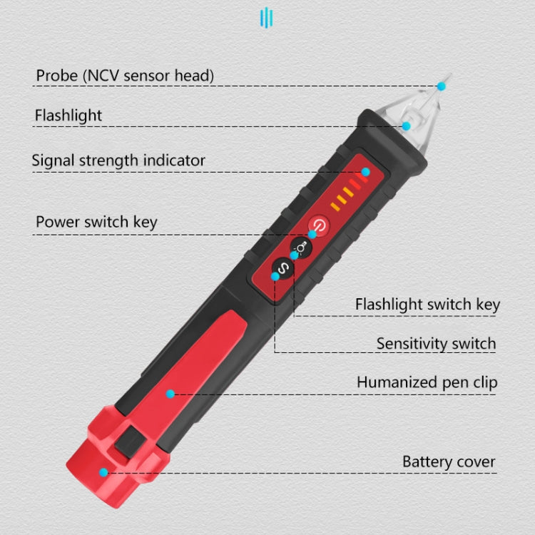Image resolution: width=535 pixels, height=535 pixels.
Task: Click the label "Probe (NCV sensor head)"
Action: pyautogui.click(x=125, y=75)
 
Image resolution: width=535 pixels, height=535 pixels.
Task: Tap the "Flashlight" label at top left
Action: pyautogui.click(x=68, y=115)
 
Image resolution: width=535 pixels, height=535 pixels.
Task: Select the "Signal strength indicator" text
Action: pyautogui.click(x=118, y=160)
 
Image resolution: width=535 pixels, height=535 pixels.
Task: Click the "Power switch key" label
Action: pyautogui.click(x=96, y=222)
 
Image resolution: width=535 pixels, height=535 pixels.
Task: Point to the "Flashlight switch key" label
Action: pyautogui.click(x=427, y=305)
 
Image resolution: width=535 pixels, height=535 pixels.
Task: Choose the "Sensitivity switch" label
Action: pyautogui.click(x=436, y=344)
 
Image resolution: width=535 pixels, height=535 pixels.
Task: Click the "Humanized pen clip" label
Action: pyautogui.click(x=427, y=382)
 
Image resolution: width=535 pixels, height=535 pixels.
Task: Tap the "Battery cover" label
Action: pyautogui.click(x=449, y=462)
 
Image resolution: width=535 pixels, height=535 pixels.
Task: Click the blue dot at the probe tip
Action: pyautogui.click(x=441, y=86)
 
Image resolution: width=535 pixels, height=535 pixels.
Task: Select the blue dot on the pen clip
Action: pyautogui.click(x=170, y=393)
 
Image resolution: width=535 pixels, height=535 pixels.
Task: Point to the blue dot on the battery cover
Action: pyautogui.click(x=104, y=472)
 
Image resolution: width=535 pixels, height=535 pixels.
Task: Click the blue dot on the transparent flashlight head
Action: pyautogui.click(x=406, y=126)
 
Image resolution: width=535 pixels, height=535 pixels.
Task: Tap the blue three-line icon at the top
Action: pyautogui.click(x=267, y=17)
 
